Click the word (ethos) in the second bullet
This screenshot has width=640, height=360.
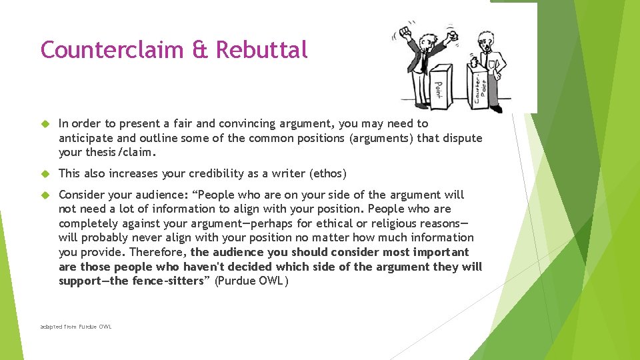(327, 174)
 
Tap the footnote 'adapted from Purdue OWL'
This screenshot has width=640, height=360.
(76, 327)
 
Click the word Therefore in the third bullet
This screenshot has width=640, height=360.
(158, 252)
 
